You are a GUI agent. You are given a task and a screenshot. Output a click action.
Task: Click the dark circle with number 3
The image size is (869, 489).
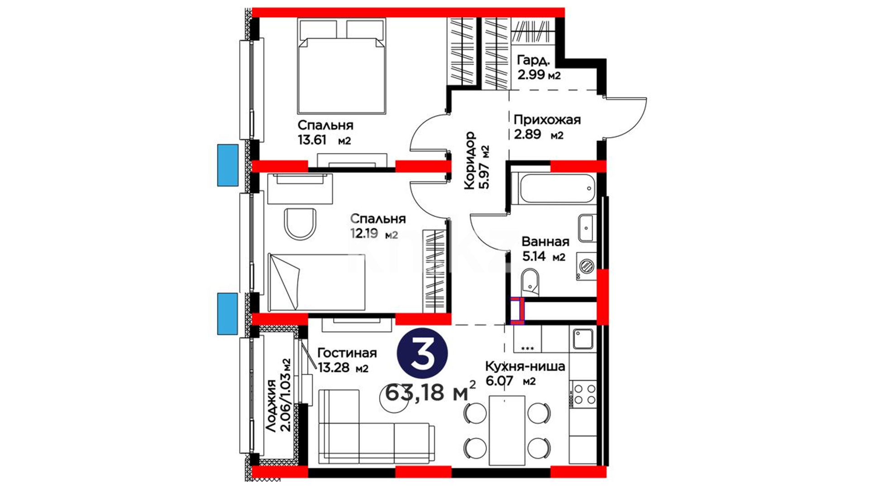point(422,353)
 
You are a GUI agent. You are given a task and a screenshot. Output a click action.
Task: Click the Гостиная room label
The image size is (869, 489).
point(347,353)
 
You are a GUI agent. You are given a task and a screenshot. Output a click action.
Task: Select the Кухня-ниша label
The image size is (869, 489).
point(525,366)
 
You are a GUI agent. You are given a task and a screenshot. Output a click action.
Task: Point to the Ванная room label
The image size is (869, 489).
point(545,241)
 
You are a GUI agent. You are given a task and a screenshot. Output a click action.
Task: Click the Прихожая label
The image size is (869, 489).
point(547,120)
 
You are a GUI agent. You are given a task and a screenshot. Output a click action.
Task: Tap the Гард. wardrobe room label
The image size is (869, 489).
point(534,60)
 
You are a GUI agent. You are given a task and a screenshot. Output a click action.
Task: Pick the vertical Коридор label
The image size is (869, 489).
point(470,160)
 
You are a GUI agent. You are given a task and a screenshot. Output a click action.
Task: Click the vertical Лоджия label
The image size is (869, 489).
point(271,406)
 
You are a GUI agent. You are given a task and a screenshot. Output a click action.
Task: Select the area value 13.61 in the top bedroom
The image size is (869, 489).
point(312,140)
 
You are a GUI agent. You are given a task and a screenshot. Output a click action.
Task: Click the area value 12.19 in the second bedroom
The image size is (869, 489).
point(364,234)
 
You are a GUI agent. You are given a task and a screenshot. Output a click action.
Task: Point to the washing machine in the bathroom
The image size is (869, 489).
point(587,266)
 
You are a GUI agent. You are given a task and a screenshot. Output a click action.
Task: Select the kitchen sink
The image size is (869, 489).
point(583,339)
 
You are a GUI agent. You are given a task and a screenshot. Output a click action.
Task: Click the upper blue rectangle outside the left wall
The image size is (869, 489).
point(228,165)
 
